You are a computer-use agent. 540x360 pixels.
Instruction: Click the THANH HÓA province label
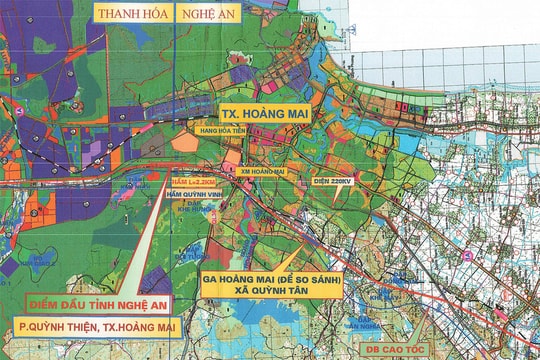point(131,14)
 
